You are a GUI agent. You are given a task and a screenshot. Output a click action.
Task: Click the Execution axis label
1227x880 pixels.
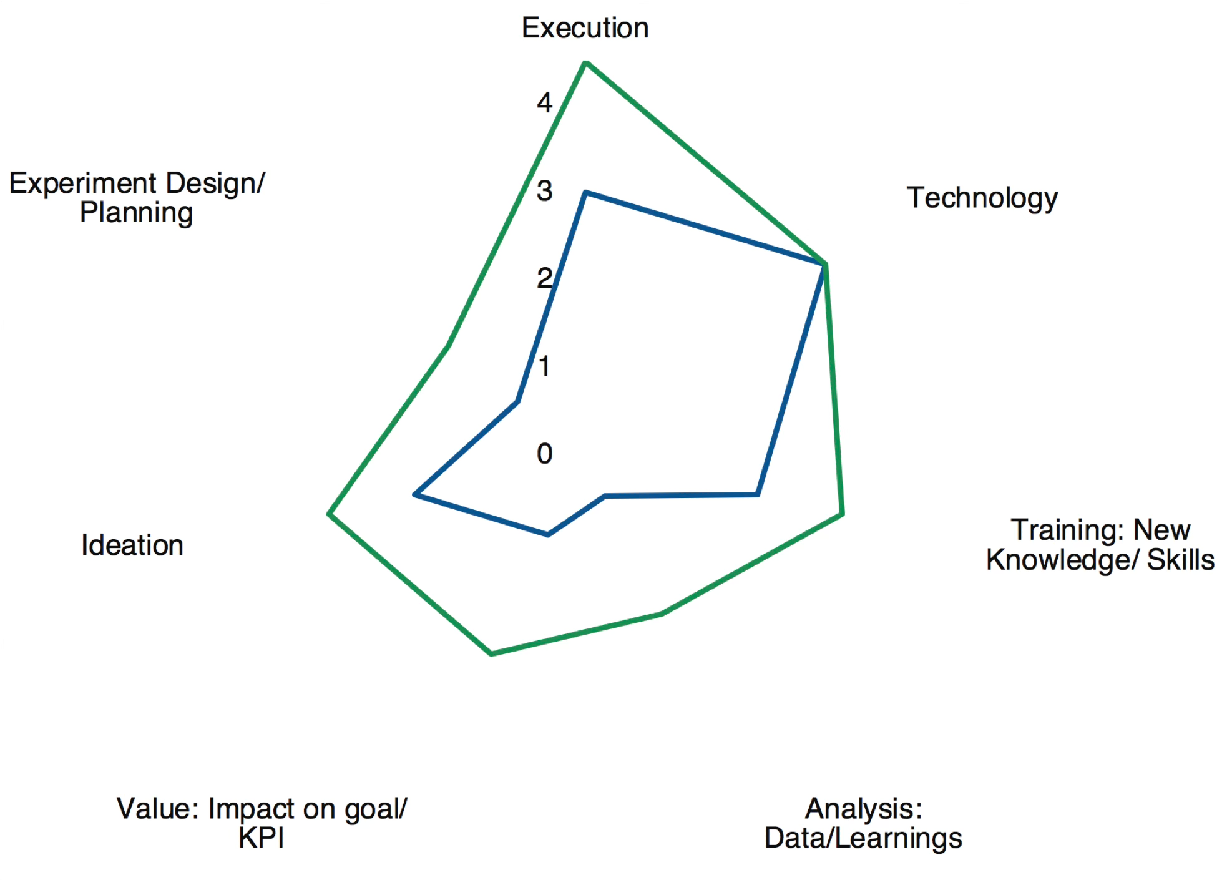(x=585, y=28)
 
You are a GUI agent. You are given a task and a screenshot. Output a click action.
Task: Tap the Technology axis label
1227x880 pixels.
(x=982, y=198)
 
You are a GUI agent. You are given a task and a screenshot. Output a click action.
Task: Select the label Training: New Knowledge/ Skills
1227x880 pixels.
(x=1100, y=545)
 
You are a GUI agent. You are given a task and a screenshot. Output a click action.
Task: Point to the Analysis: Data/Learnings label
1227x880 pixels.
(x=863, y=823)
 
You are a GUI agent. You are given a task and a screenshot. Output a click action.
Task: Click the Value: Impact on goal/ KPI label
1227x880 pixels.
(x=262, y=823)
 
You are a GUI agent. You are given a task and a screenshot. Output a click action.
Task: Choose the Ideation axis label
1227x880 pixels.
(x=132, y=545)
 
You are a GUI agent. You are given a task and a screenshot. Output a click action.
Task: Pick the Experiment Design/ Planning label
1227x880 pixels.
(x=137, y=198)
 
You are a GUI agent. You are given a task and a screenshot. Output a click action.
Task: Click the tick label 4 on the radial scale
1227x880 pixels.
(x=545, y=102)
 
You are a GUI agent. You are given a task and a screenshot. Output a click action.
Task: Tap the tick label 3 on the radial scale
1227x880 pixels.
(x=545, y=191)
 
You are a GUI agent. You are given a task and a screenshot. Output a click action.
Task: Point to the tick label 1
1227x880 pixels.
(x=545, y=366)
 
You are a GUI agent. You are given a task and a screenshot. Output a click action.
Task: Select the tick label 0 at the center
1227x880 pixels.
(x=545, y=454)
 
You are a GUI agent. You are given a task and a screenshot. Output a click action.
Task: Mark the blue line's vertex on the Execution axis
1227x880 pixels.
(x=585, y=192)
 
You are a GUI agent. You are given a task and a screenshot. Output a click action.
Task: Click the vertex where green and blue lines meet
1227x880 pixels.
(x=824, y=265)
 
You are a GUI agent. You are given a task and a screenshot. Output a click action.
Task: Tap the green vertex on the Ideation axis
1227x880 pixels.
(x=329, y=514)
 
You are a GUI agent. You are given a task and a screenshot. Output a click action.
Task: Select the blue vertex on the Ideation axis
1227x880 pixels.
(x=415, y=494)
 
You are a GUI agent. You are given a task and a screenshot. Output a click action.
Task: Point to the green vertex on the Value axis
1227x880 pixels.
(x=492, y=653)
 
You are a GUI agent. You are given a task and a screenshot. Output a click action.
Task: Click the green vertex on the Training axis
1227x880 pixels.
(x=843, y=514)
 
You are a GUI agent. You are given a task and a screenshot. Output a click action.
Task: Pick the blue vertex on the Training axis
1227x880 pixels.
(x=757, y=494)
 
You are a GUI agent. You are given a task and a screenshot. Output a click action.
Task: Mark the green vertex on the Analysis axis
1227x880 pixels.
(x=662, y=614)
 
